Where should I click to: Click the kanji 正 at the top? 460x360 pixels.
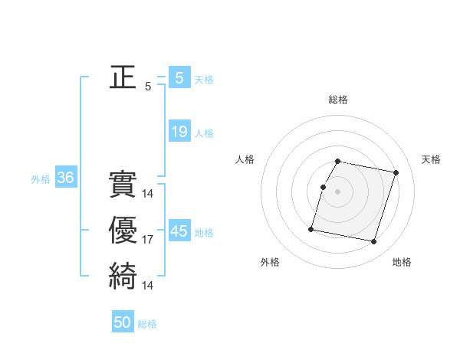(x=123, y=77)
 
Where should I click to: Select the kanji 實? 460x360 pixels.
(x=123, y=184)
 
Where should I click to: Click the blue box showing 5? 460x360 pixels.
(x=179, y=77)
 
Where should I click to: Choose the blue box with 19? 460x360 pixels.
(x=179, y=132)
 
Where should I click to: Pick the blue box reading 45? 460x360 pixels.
(x=179, y=231)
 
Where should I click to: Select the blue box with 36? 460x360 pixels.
(x=65, y=178)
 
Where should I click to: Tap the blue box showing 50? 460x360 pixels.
(x=123, y=322)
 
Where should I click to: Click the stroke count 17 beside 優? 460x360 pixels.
(x=148, y=240)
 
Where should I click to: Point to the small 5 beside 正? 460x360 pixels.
(x=148, y=87)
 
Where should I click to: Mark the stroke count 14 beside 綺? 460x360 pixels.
(x=148, y=285)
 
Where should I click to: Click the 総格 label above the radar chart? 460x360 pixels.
(x=338, y=100)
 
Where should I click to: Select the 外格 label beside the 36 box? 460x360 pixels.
(x=41, y=179)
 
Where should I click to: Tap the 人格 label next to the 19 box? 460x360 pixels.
(x=204, y=133)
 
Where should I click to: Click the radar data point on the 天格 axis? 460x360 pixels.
(x=396, y=173)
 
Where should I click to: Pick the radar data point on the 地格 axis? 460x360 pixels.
(x=373, y=241)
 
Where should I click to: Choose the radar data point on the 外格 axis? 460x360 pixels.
(x=311, y=228)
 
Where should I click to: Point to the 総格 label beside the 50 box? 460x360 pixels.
(x=147, y=324)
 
